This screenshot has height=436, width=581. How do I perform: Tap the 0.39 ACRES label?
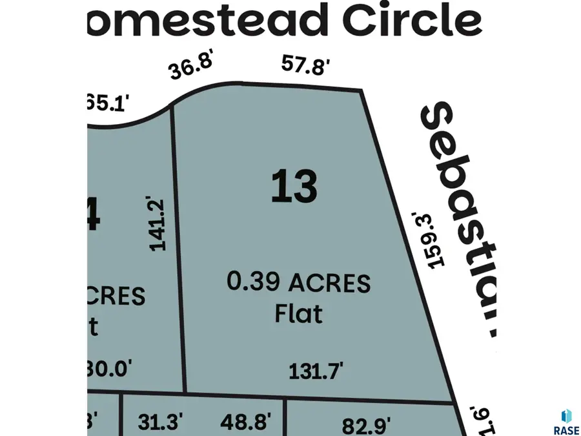pyautogui.click(x=298, y=282)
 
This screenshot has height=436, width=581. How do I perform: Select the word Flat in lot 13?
pyautogui.click(x=298, y=314)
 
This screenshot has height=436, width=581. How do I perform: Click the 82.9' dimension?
pyautogui.click(x=367, y=426)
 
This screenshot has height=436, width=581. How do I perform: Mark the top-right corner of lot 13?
pyautogui.click(x=360, y=91)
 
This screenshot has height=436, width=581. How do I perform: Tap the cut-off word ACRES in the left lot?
pyautogui.click(x=116, y=296)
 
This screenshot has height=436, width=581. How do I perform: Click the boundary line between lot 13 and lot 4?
pyautogui.click(x=178, y=252)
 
